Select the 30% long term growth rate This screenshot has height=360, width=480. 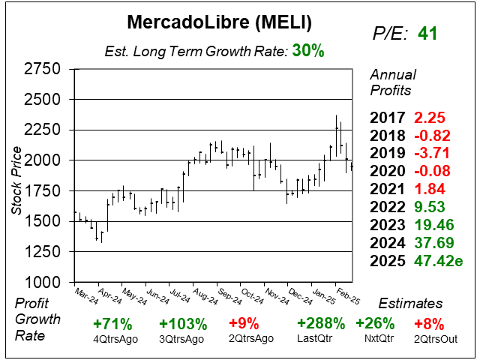tap(308, 51)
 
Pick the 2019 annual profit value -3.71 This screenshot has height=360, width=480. tap(430, 152)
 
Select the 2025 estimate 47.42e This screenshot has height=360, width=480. tap(439, 261)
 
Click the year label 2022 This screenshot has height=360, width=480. tap(388, 206)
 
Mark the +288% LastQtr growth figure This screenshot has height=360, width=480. tap(321, 324)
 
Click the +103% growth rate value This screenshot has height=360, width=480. tap(183, 324)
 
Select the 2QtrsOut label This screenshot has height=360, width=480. tap(428, 339)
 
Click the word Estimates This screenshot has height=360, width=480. tap(411, 304)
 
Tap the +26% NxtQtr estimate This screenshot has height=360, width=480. tap(375, 324)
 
